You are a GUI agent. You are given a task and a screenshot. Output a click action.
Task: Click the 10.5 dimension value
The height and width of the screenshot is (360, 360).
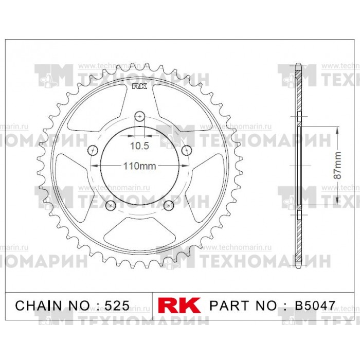click(x=139, y=146)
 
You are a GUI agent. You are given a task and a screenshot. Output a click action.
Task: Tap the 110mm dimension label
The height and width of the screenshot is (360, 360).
click(x=139, y=166)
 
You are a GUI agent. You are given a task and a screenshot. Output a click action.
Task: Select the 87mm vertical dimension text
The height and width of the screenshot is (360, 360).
click(x=337, y=165)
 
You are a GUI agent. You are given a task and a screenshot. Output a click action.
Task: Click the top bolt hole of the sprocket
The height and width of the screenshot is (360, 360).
click(x=140, y=116)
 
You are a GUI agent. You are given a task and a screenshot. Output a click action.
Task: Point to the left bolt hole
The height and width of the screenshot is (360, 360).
click(x=93, y=150)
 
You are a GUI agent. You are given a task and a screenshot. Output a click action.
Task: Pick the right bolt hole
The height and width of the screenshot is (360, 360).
click(x=187, y=150)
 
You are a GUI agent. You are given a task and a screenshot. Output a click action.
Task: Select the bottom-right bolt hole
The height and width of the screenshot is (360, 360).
click(x=169, y=205)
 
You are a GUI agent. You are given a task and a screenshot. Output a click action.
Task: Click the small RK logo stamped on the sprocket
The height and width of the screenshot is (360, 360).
click(x=139, y=86)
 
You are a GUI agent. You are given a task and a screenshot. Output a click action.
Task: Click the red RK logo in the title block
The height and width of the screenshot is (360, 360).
click(x=179, y=305)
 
